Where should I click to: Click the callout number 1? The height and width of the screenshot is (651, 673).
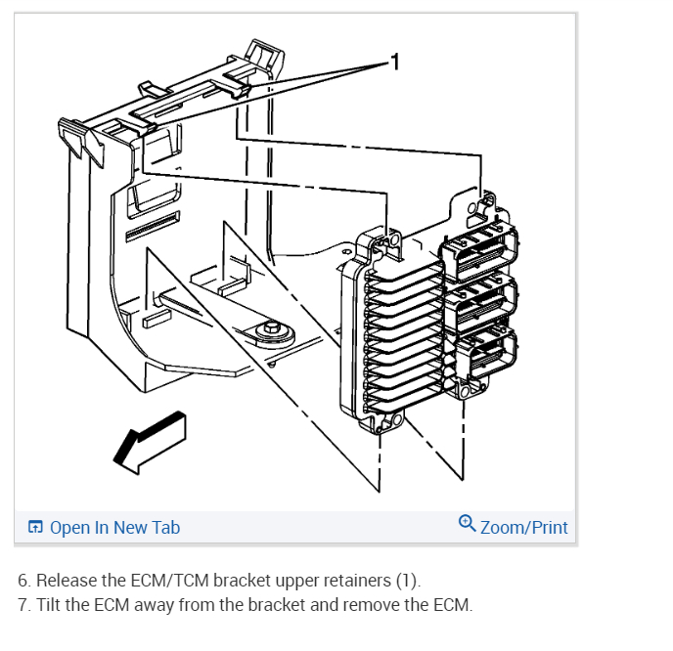(395, 64)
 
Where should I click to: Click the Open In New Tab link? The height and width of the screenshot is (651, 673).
(114, 528)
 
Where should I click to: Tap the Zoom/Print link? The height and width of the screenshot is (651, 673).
(523, 528)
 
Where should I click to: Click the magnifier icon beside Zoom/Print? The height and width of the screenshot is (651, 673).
(468, 524)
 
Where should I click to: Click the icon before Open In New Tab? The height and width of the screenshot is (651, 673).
(35, 528)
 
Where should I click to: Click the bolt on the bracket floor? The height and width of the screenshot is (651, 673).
(266, 330)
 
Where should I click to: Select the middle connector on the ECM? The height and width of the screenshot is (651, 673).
(483, 300)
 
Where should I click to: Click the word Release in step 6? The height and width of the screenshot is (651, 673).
(66, 582)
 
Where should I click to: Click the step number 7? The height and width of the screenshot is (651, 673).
(22, 605)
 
